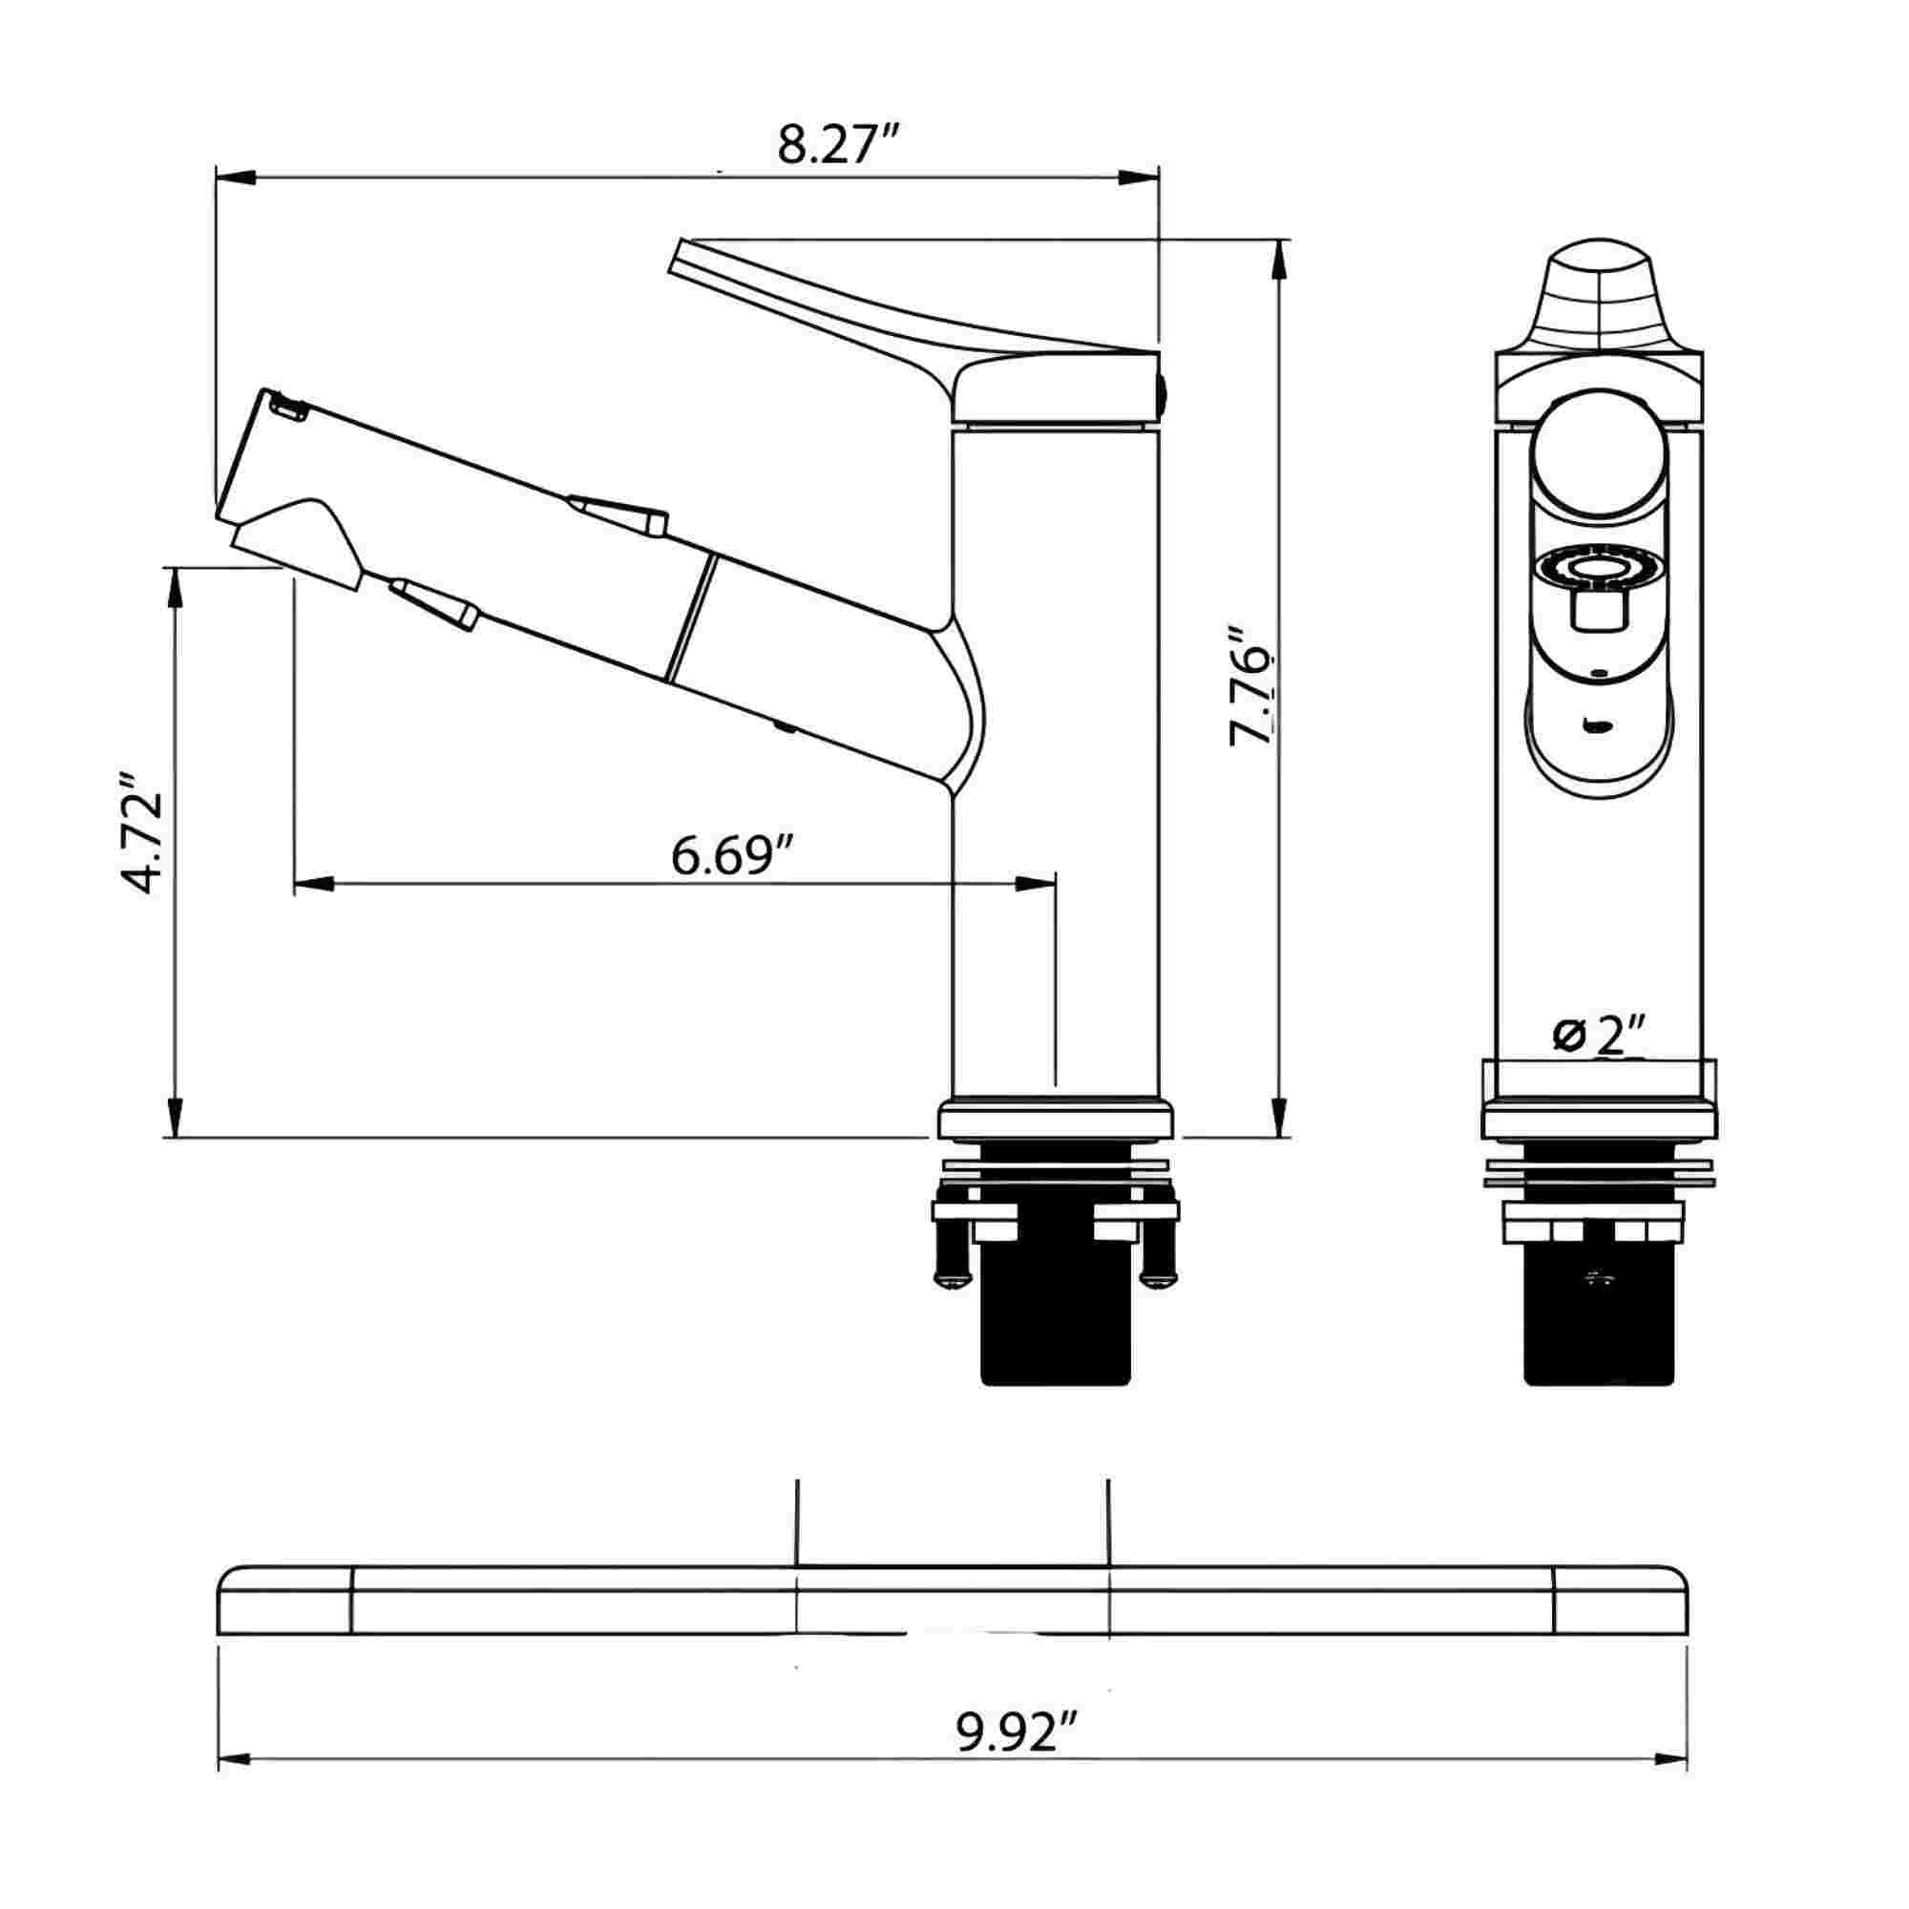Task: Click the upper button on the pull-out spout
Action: point(617,514)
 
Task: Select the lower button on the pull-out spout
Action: point(434,602)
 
